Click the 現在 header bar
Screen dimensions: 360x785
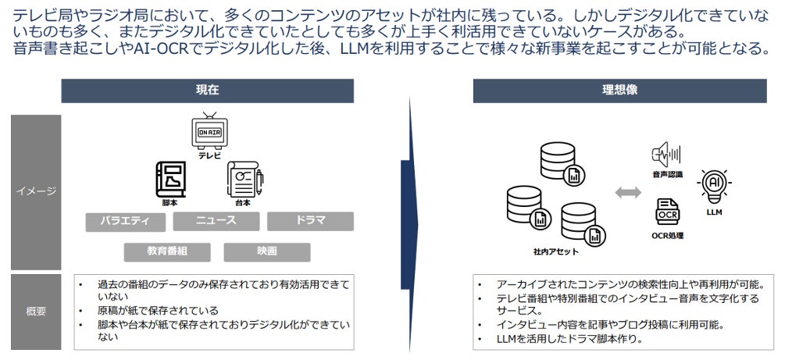coord(207,91)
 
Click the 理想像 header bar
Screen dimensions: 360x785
coord(619,91)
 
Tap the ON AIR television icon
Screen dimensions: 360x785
coord(209,132)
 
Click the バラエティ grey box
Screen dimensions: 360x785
coord(125,221)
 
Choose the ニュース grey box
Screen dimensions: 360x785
coord(216,220)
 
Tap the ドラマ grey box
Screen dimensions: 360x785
coord(310,221)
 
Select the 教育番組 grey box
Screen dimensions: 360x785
coord(167,252)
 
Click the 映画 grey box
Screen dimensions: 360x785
coord(266,252)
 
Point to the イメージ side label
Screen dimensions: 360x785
coord(35,191)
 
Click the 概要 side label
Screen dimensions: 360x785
coord(35,312)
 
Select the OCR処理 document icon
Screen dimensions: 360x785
coord(667,212)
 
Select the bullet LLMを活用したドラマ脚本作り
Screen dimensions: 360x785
coord(569,340)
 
